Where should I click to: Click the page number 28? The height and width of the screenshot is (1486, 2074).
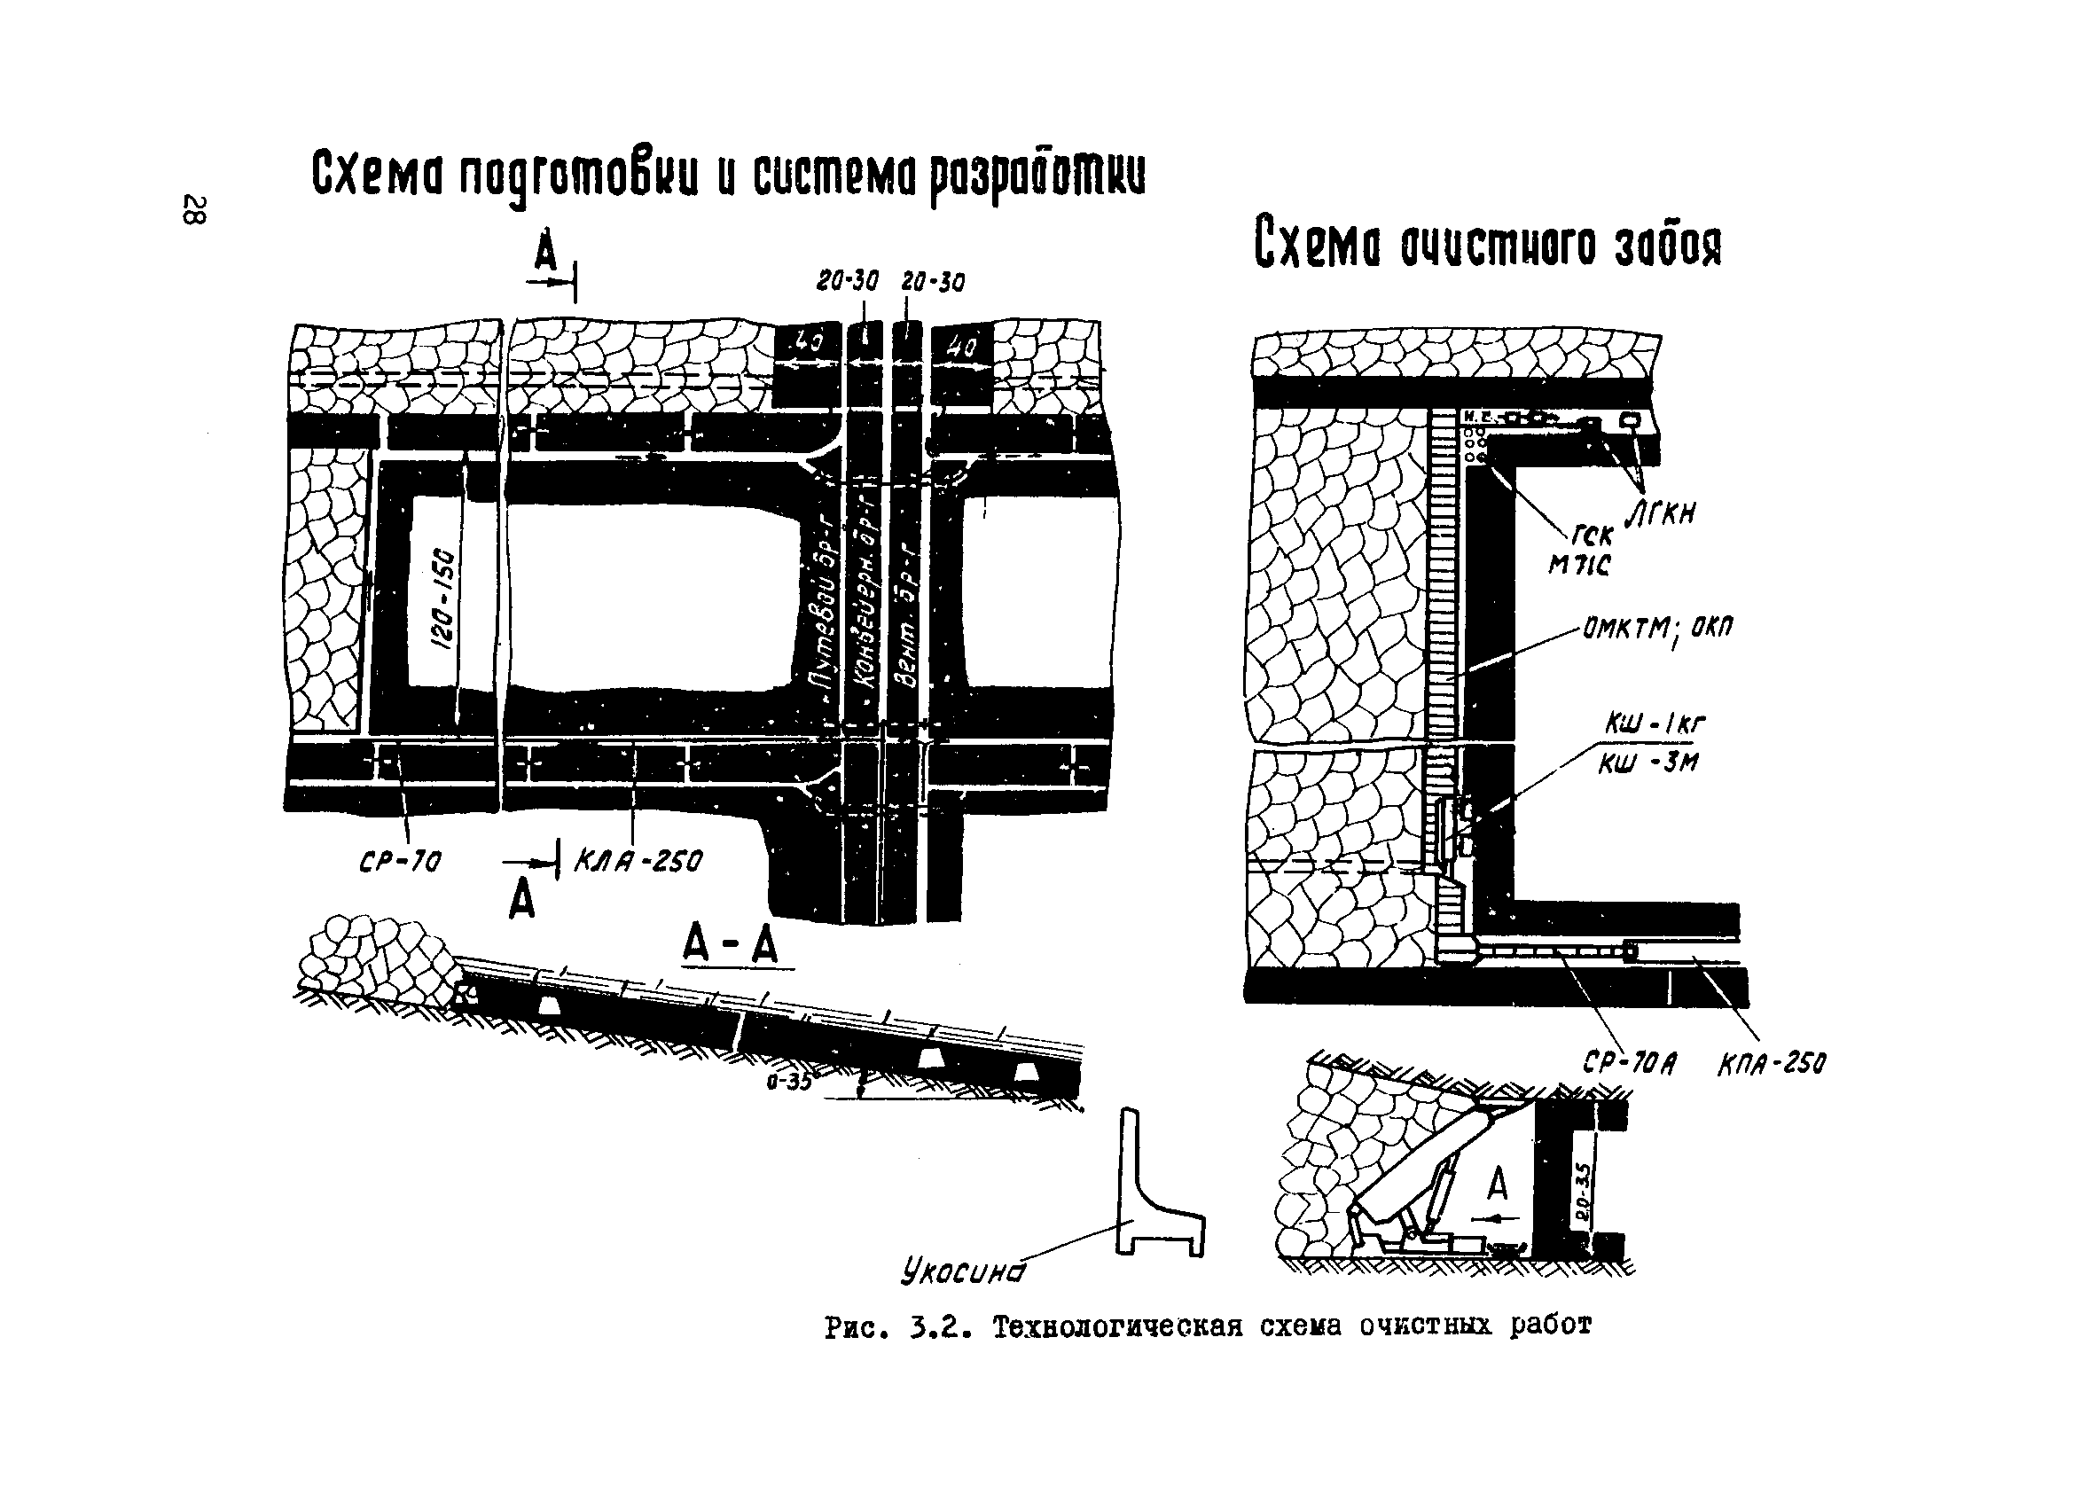click(x=195, y=209)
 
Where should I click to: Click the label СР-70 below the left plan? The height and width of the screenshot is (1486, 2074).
click(x=401, y=861)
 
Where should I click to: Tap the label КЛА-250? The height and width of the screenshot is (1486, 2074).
click(x=638, y=861)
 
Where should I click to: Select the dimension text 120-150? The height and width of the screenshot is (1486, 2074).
click(x=442, y=600)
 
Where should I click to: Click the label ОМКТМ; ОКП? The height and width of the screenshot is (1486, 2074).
click(x=1656, y=629)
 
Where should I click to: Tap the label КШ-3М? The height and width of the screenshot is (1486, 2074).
click(x=1647, y=762)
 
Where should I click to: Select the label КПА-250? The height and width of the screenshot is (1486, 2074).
click(x=1772, y=1064)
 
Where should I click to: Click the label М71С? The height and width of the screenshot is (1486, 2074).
click(x=1578, y=567)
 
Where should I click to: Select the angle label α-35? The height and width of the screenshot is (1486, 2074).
click(x=789, y=1082)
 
